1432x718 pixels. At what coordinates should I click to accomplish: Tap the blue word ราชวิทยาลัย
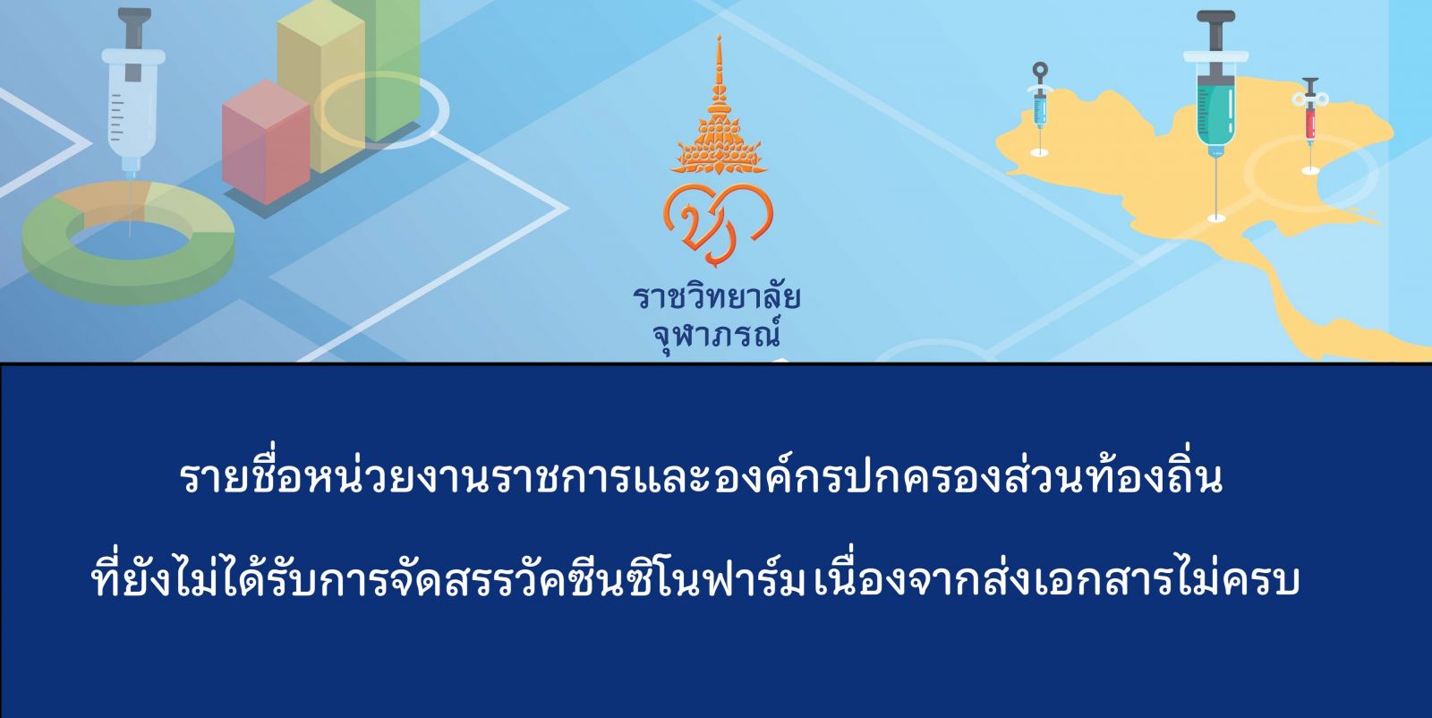point(717,298)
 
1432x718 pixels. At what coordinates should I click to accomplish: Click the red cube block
point(266,142)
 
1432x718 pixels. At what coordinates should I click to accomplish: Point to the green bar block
point(390,67)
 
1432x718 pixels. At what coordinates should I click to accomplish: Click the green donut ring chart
point(128,242)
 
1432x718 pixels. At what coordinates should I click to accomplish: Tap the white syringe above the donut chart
point(133,96)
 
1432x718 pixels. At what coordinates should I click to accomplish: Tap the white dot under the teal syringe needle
point(1216,218)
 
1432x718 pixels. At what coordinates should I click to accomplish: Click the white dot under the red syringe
point(1310,170)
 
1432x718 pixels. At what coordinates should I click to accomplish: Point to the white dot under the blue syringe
point(1039,152)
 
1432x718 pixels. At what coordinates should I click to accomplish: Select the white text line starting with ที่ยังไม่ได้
point(695,577)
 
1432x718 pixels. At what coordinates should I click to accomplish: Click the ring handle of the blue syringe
point(1040,68)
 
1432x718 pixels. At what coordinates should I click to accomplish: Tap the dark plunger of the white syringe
point(133,39)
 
